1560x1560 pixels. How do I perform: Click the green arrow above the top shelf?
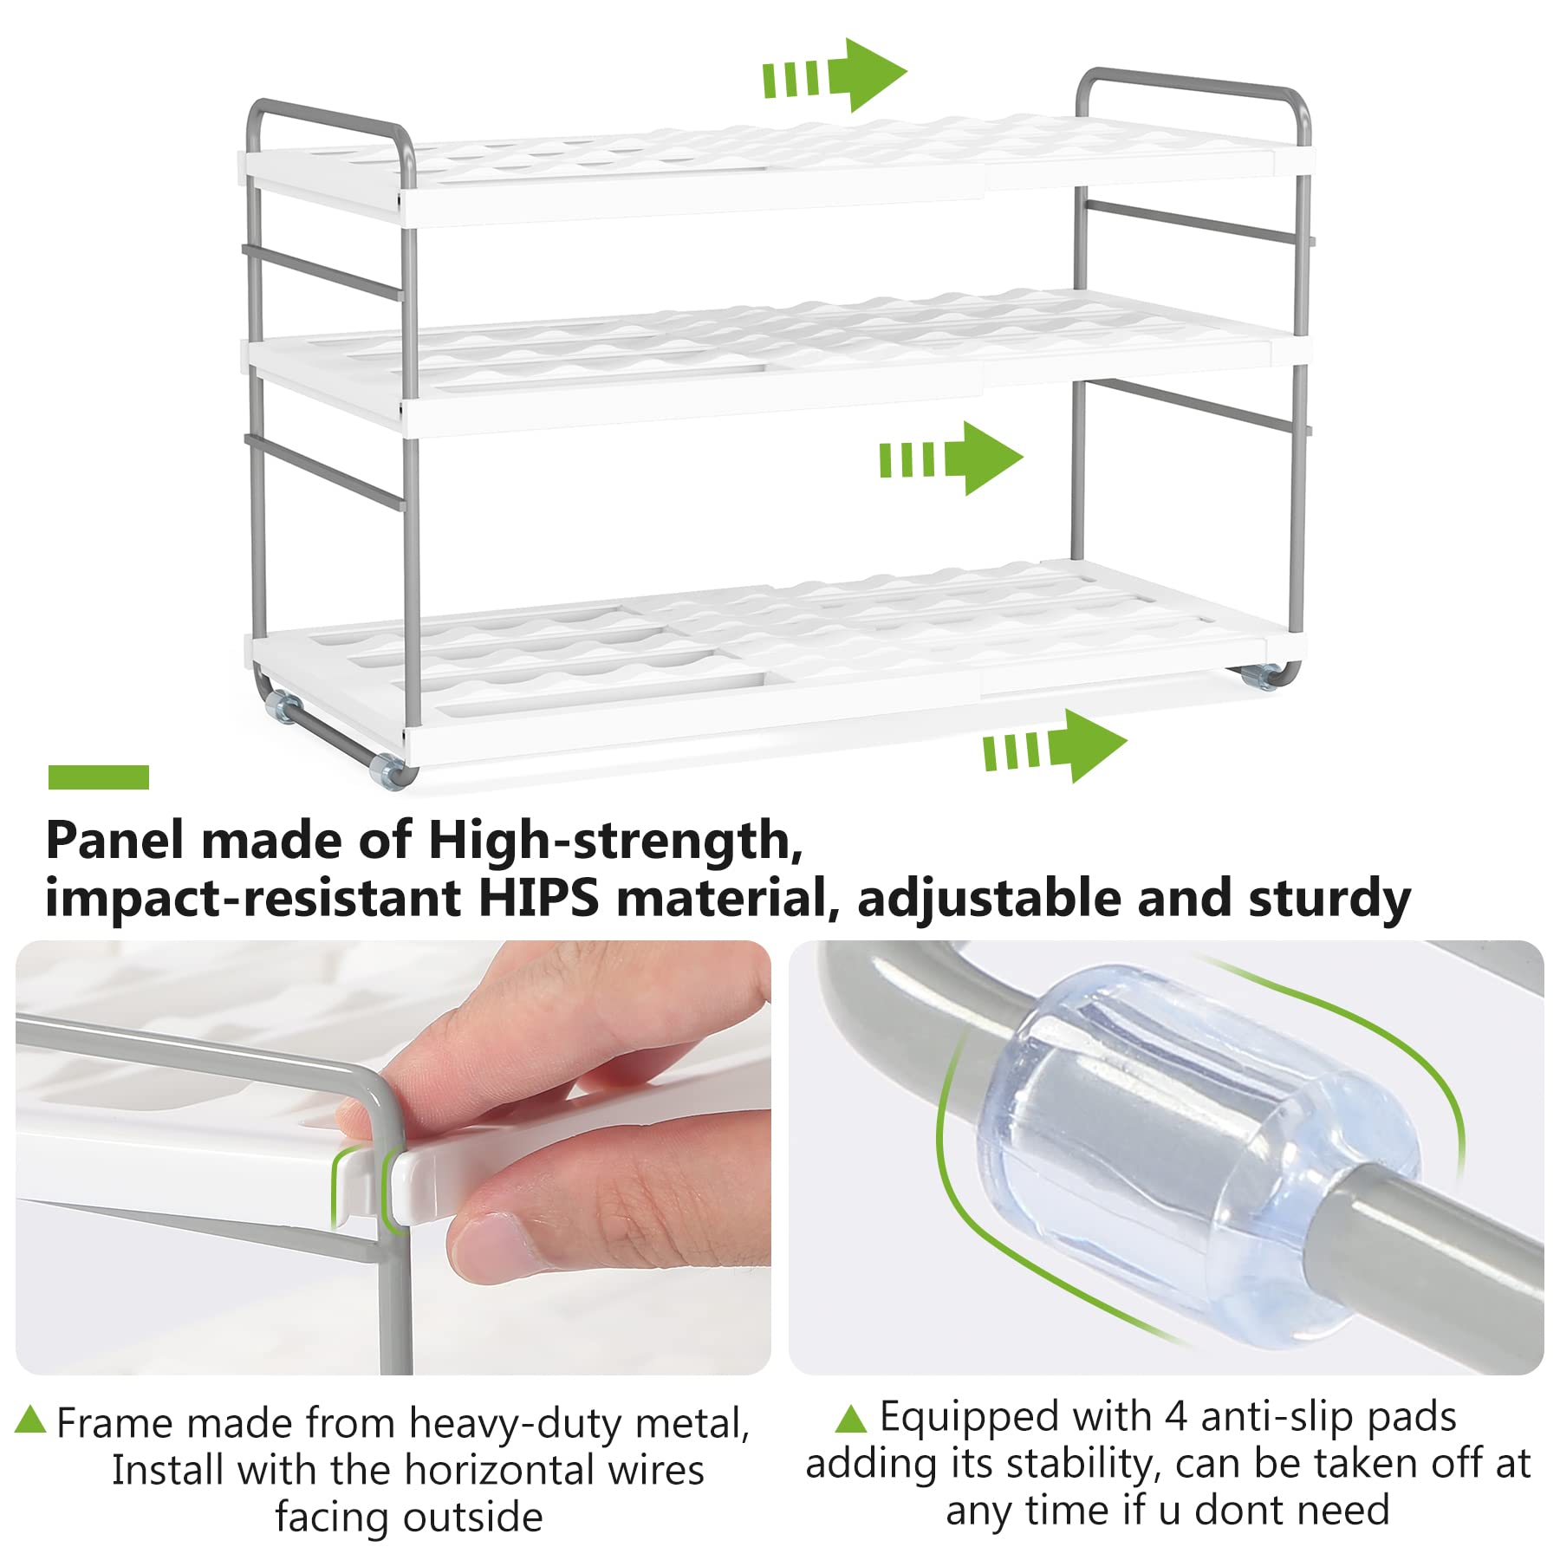835,75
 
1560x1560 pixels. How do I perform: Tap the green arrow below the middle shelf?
951,458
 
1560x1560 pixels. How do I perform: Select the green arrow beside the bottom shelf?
1055,746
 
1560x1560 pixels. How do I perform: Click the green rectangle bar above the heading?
98,777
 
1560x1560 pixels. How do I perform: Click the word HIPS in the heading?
538,898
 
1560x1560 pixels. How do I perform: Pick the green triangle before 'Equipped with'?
851,1418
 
